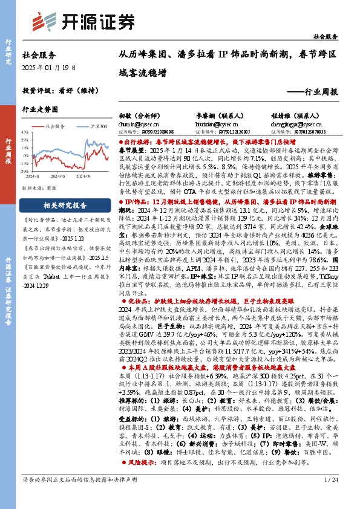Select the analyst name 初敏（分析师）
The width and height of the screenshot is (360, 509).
pos(136,114)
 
